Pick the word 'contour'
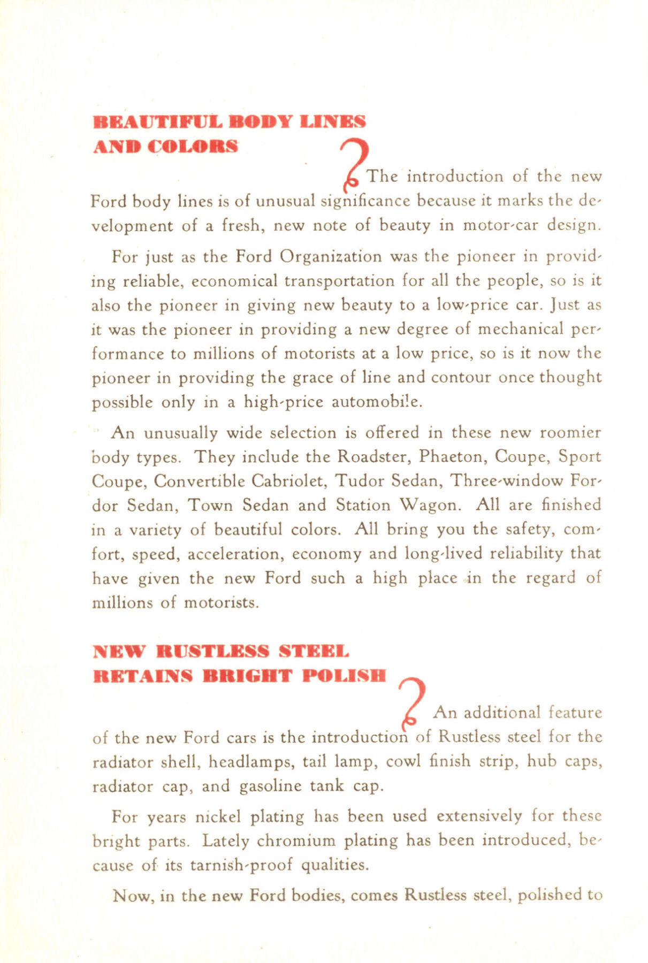[461, 378]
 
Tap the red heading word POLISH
[344, 675]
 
